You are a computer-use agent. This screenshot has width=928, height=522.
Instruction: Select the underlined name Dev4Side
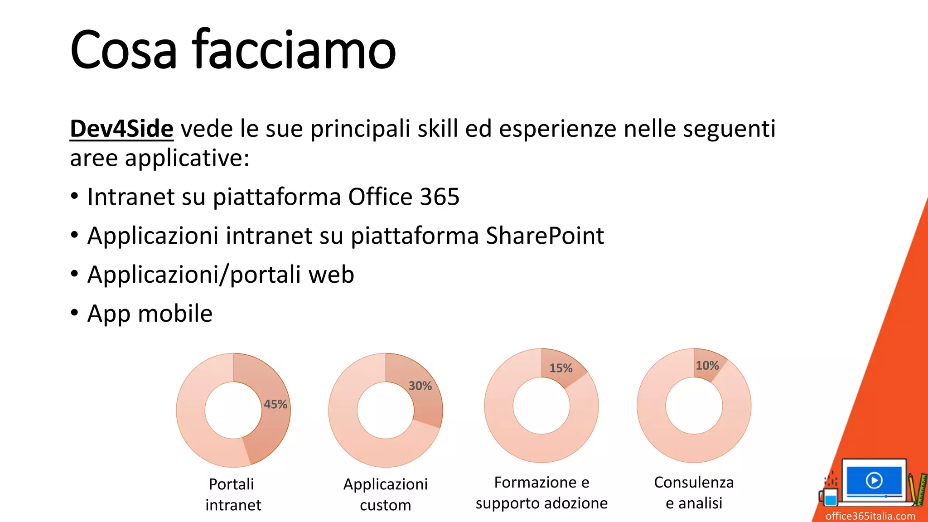coord(121,129)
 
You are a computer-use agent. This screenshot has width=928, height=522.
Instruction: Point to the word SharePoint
coord(545,236)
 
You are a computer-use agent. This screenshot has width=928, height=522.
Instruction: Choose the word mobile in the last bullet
coord(175,314)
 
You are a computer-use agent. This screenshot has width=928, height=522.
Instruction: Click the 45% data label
coord(275,404)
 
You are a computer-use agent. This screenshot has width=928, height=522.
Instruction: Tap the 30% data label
coord(420,386)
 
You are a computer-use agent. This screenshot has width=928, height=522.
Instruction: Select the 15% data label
coord(561,368)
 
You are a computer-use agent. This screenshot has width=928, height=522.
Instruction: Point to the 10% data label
coord(707,365)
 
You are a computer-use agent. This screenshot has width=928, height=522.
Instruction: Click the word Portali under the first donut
coord(231,484)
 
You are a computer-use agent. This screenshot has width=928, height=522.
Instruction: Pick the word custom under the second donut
coord(385,505)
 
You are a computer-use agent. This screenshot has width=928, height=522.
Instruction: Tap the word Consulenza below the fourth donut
coord(694,482)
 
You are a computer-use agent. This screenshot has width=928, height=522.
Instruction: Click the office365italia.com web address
coord(870,516)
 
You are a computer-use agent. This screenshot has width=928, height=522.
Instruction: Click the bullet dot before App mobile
coord(74,313)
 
